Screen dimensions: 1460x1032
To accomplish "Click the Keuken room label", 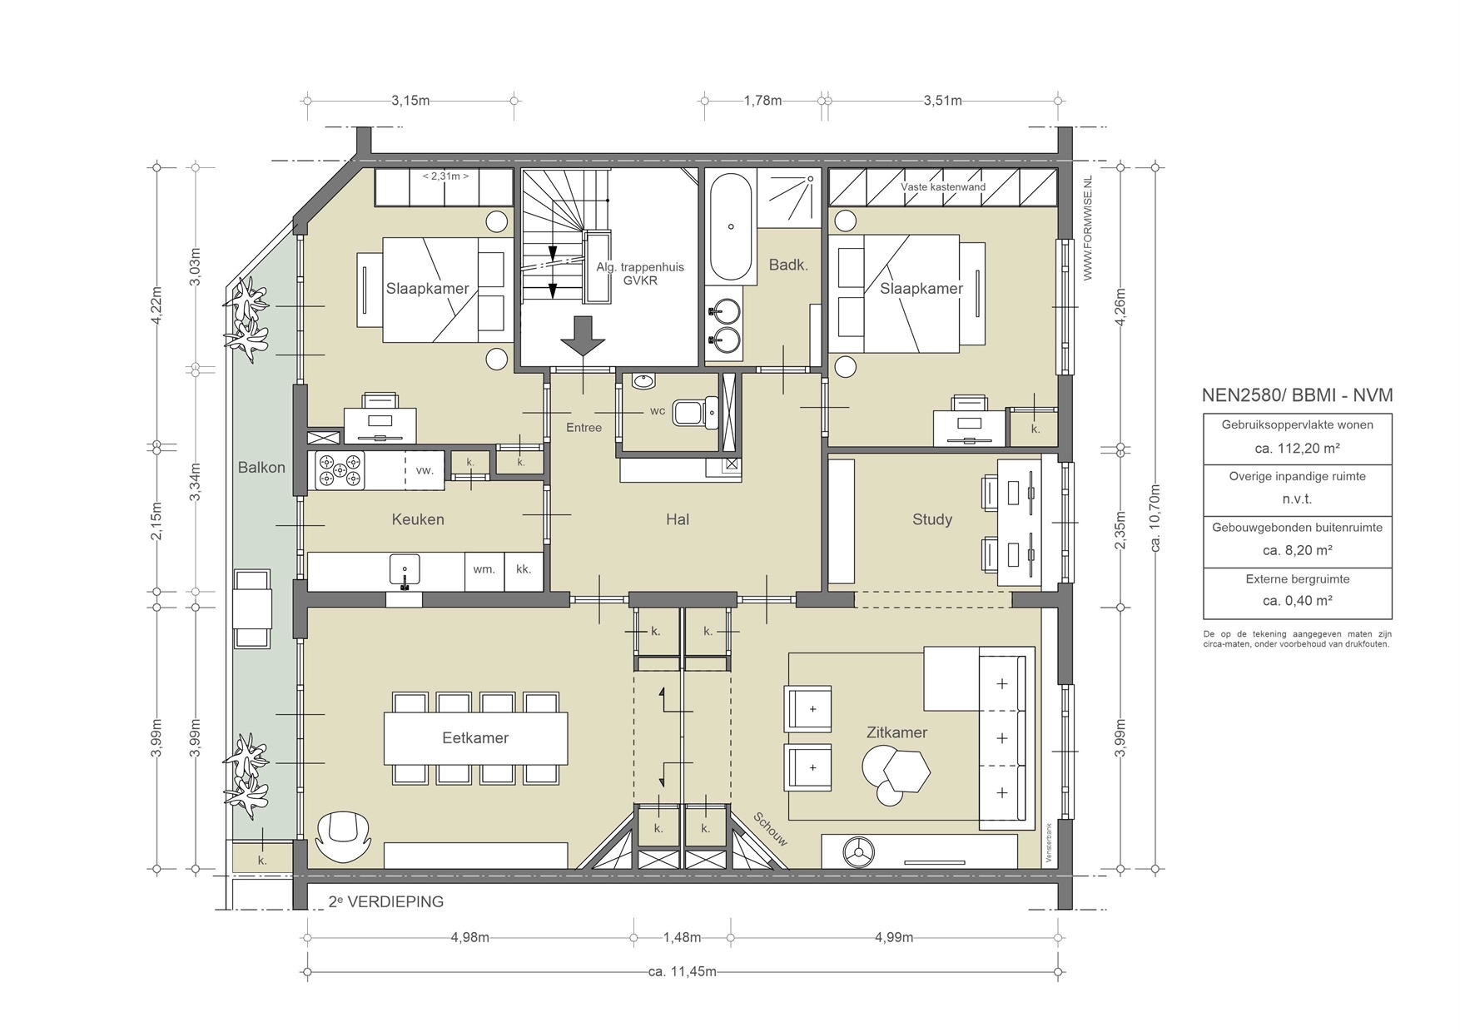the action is point(418,519).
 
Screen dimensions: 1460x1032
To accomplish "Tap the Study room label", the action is point(932,519).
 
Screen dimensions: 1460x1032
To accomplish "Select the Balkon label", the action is point(261,467).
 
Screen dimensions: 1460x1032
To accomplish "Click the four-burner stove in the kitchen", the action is point(340,471).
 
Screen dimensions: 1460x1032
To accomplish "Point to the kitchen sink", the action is point(405,571).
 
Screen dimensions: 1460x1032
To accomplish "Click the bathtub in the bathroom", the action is point(732,227).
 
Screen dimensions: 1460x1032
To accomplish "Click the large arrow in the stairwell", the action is point(583,335).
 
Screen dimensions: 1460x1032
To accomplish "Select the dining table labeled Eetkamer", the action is point(475,738).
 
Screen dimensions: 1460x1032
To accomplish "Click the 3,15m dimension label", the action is point(410,101).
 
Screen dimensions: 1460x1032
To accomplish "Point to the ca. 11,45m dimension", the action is point(683,971).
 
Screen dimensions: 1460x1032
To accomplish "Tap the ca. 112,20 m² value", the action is point(1298,448).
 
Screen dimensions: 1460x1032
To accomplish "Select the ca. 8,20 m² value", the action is point(1298,550).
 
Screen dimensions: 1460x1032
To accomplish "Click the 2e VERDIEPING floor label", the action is point(385,901).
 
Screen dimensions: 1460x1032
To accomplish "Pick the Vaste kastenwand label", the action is point(943,187).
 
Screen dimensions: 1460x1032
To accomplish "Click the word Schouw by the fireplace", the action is point(770,829).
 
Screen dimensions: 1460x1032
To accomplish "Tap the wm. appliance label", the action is point(484,569).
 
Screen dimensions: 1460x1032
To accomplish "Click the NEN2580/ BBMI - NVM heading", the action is point(1297,395).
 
